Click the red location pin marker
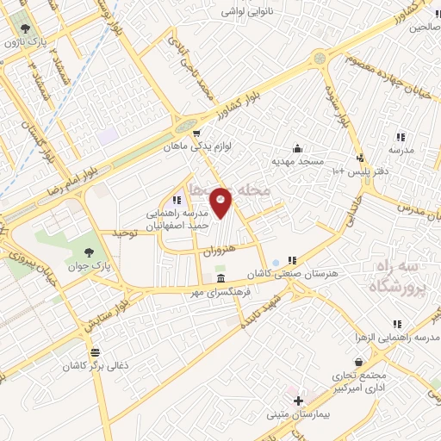coord(221,203)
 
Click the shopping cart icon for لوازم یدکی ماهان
coord(197,134)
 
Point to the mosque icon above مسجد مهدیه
coord(297,147)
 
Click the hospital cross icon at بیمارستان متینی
coord(299,401)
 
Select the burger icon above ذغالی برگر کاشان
coord(94,351)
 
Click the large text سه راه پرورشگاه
coord(399,277)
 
